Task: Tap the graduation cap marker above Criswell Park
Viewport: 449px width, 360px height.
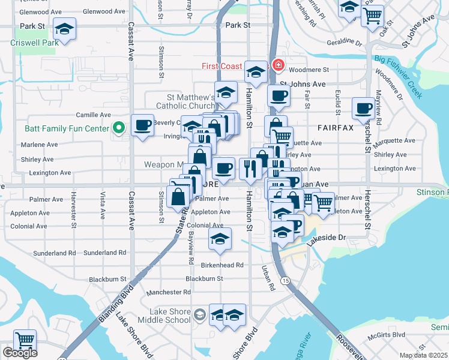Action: point(64,28)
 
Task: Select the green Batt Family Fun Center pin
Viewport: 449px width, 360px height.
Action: point(119,127)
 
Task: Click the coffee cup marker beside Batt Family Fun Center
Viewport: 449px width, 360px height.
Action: point(142,125)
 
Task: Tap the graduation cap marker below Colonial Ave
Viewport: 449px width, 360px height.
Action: point(220,239)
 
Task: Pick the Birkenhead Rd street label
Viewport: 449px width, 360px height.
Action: point(221,265)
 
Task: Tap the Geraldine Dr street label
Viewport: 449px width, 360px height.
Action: point(345,43)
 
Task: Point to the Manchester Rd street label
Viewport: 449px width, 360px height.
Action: point(169,292)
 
